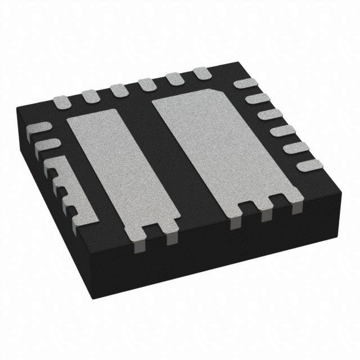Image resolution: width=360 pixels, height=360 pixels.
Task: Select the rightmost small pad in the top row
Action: [x=201, y=73]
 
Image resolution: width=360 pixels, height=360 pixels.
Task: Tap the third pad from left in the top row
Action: [x=118, y=90]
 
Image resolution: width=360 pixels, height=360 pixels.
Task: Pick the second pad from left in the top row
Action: [x=90, y=96]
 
